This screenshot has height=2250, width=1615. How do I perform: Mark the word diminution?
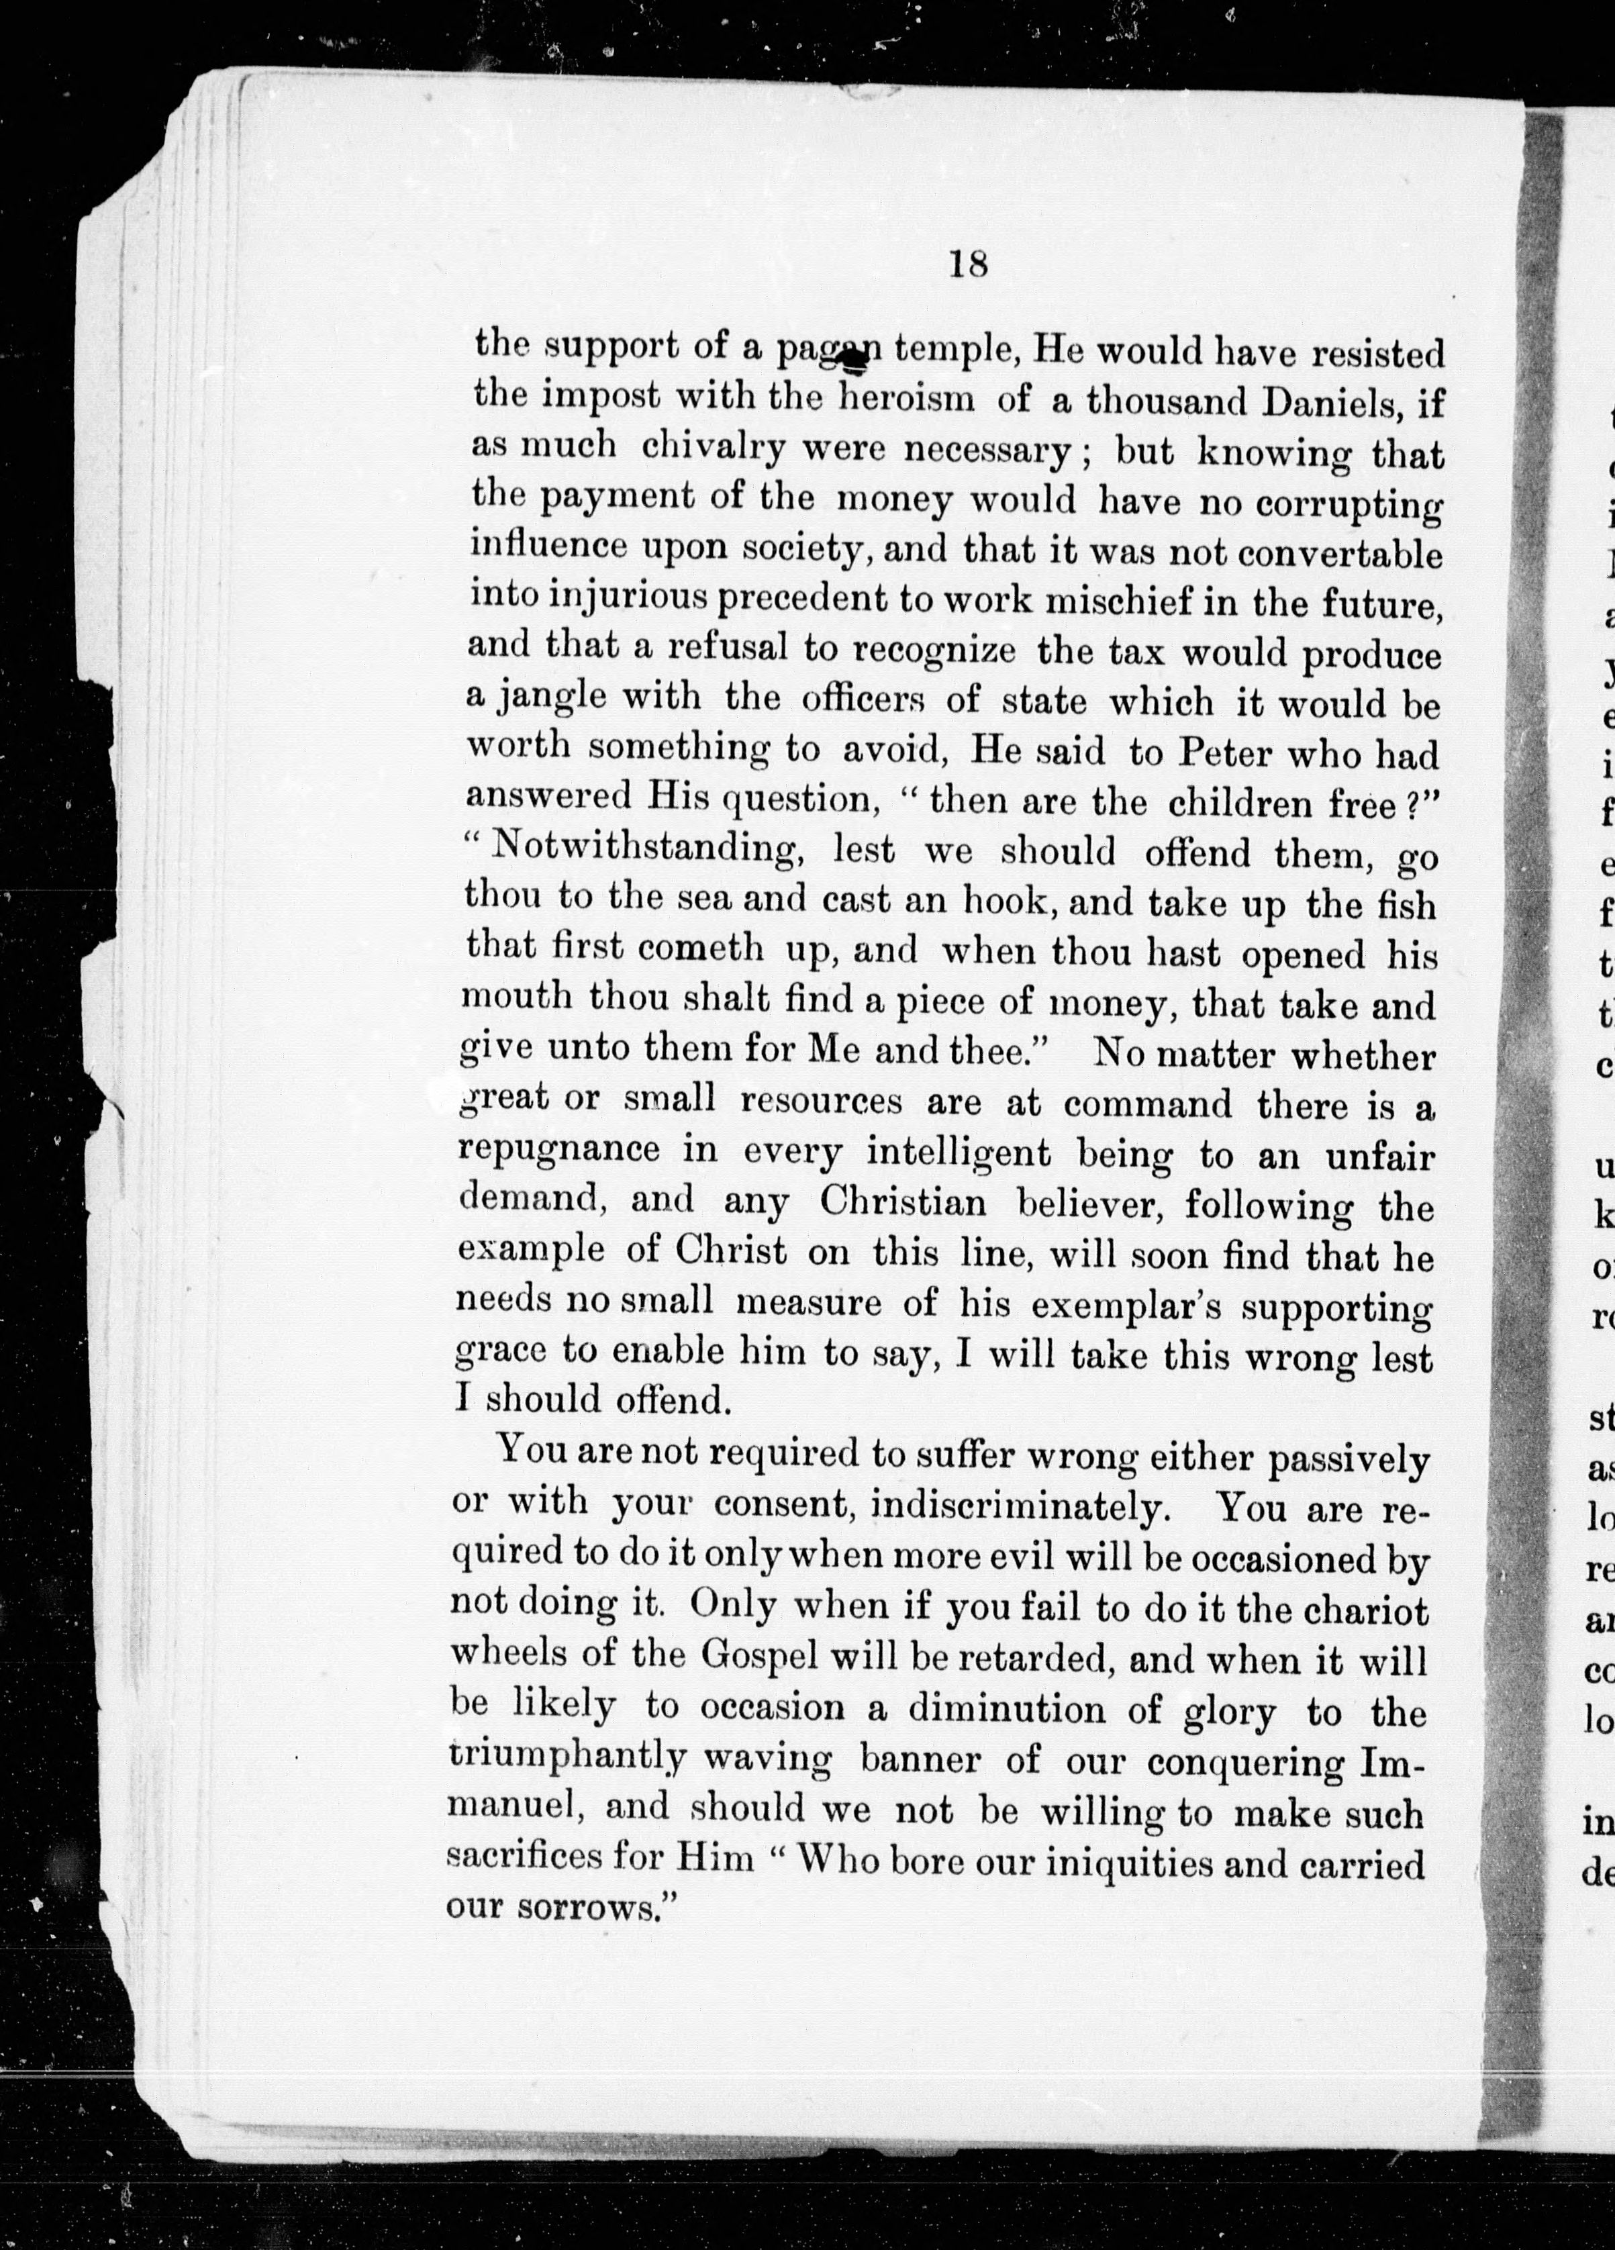(1006, 1710)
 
